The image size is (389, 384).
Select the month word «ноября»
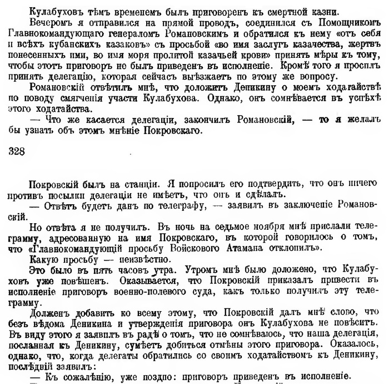pyautogui.click(x=225, y=228)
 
